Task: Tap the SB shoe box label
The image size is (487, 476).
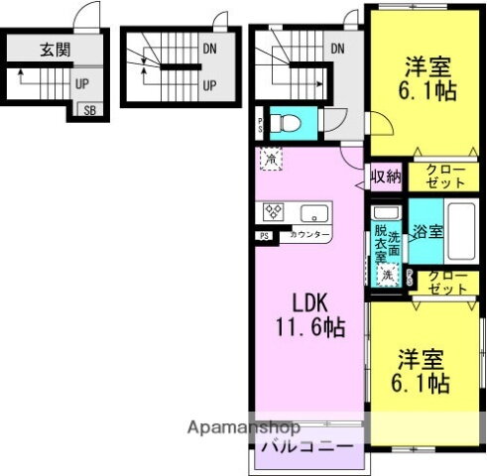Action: [90, 111]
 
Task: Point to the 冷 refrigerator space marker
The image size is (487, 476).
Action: [270, 158]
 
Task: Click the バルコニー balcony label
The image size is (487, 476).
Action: [306, 447]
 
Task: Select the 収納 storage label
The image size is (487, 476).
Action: [386, 178]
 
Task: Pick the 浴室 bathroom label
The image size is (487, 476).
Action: [428, 230]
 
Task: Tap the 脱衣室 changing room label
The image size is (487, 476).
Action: [380, 244]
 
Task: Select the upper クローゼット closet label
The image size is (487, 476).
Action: [442, 178]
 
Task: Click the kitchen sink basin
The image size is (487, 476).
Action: [312, 212]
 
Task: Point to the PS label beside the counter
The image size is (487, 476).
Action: [265, 236]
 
